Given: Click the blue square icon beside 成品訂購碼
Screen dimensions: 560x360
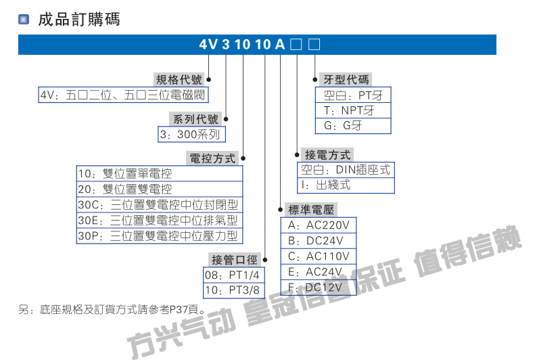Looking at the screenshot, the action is tap(24, 19).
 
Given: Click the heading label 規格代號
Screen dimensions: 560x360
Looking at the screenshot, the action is tap(179, 79).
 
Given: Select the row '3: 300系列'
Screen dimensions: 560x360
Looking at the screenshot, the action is tap(192, 135).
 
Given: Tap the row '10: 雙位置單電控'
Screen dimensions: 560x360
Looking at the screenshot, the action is tap(160, 174).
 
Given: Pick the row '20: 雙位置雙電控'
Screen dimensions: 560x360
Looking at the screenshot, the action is tap(160, 189).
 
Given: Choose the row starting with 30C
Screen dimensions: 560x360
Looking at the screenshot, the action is tap(160, 204).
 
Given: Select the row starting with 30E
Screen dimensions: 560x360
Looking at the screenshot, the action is tap(160, 220).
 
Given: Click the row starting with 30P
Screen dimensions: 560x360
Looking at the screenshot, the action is tap(160, 235).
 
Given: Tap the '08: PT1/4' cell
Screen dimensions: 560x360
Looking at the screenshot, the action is tap(234, 275).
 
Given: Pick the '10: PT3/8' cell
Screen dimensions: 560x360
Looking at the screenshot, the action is tap(234, 290).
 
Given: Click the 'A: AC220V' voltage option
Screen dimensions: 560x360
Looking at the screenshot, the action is tap(319, 225).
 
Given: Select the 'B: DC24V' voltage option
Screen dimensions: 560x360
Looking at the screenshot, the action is tap(319, 241).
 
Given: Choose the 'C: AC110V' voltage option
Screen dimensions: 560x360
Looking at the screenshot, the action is tap(319, 256).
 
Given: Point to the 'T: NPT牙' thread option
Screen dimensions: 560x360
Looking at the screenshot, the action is tap(353, 110).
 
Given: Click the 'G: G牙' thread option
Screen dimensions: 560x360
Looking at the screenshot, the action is tap(353, 126).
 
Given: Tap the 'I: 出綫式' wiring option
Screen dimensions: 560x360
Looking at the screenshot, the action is tap(346, 185).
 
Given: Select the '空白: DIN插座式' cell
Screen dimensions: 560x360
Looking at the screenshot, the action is tap(346, 170).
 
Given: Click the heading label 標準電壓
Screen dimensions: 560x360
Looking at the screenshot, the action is tap(311, 210).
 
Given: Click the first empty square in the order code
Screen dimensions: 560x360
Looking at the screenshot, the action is tap(296, 45).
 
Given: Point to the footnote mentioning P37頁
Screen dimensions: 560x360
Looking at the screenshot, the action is tap(112, 310).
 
